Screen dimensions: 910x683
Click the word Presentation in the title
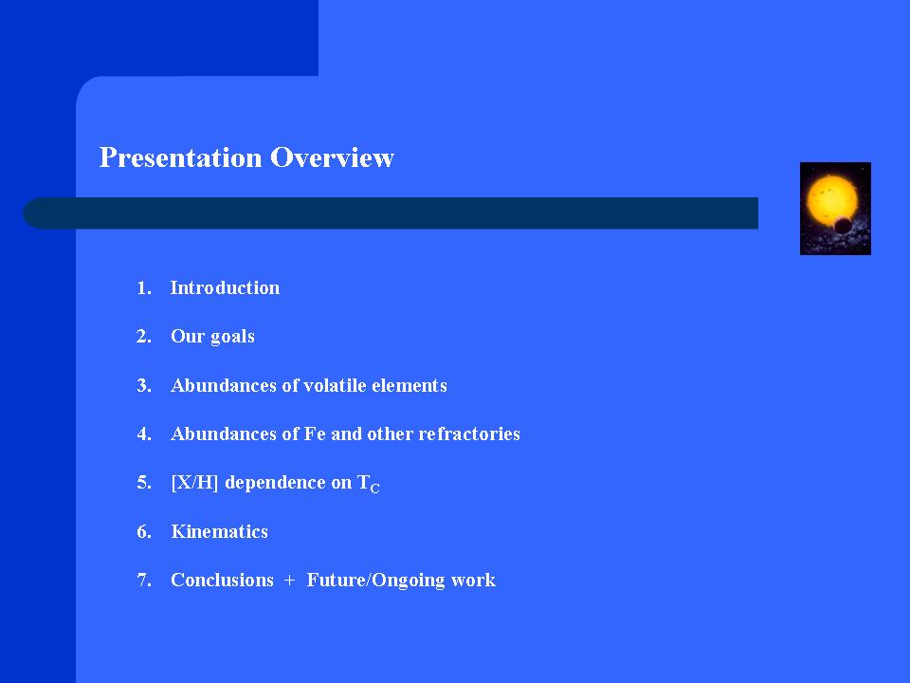click(x=180, y=158)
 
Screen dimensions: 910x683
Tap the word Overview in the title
click(x=332, y=157)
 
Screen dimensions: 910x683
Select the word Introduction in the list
click(x=225, y=287)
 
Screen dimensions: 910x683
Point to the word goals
click(x=232, y=338)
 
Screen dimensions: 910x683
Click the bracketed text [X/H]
click(x=194, y=483)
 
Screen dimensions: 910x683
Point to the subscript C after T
click(x=375, y=489)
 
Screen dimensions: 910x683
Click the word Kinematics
click(x=219, y=531)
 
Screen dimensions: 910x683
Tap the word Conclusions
click(x=222, y=580)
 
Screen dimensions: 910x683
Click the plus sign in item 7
click(x=290, y=581)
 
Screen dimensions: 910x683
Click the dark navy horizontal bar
click(x=391, y=213)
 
